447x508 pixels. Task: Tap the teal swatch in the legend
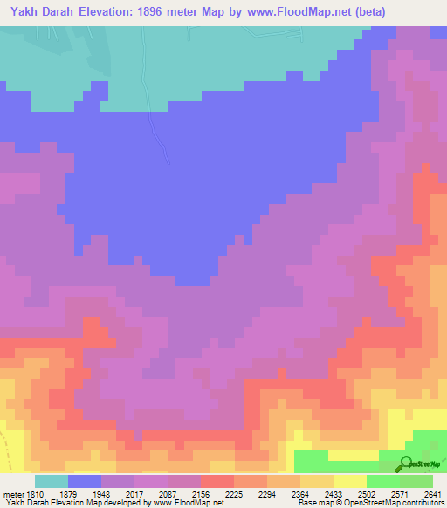(x=52, y=481)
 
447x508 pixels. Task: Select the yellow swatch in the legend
(x=349, y=481)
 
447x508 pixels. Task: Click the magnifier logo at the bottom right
(x=407, y=465)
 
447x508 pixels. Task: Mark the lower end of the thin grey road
(x=168, y=162)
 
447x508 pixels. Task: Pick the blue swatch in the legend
(x=85, y=481)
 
